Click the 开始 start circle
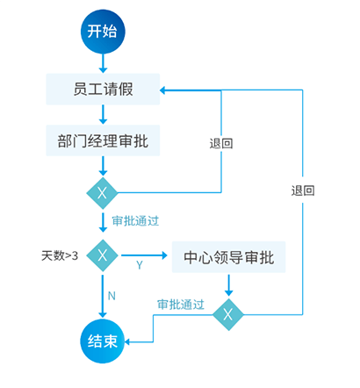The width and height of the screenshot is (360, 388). click(x=103, y=32)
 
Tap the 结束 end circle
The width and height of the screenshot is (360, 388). click(x=103, y=341)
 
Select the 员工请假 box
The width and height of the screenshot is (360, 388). click(x=103, y=90)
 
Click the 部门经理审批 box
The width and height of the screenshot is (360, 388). click(x=103, y=140)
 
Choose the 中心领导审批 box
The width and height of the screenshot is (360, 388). click(x=228, y=257)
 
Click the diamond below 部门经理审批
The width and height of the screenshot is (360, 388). click(x=102, y=193)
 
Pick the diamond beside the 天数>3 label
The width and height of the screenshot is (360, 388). click(x=103, y=255)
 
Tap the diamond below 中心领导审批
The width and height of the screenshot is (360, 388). click(x=228, y=314)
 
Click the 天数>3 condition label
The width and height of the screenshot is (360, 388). click(x=60, y=255)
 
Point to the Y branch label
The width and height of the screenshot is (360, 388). click(x=140, y=265)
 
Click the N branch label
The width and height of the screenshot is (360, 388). click(x=112, y=296)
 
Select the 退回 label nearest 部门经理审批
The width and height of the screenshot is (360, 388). click(x=221, y=143)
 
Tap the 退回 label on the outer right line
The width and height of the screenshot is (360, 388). click(x=303, y=190)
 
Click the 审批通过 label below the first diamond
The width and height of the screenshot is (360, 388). click(x=135, y=220)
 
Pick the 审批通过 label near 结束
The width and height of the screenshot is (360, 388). click(x=181, y=305)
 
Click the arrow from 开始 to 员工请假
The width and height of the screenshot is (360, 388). click(x=103, y=63)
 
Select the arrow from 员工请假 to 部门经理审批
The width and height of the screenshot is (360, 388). click(x=103, y=115)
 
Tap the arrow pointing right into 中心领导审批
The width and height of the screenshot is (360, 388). click(x=144, y=255)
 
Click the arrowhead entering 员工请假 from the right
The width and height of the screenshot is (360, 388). click(x=163, y=90)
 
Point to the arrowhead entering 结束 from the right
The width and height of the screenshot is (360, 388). click(x=127, y=341)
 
